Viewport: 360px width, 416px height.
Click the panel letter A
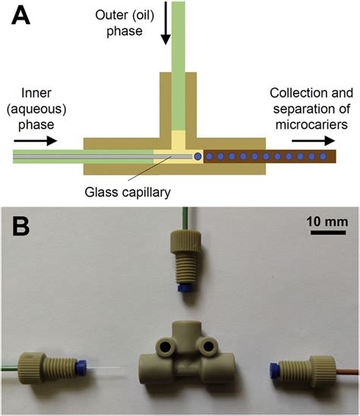click(x=21, y=17)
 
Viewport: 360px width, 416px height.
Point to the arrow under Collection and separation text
click(x=311, y=140)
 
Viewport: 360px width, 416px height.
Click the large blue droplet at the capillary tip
click(x=197, y=156)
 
